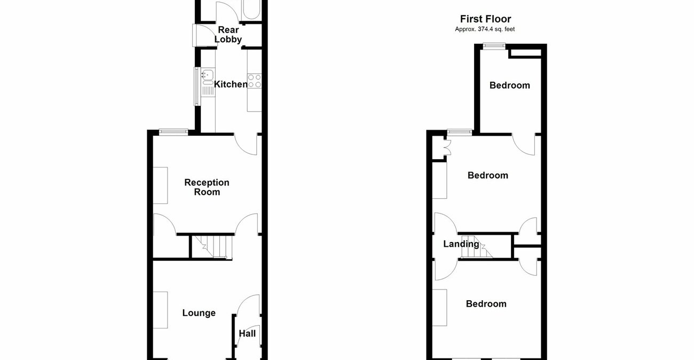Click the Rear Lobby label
coord(228,35)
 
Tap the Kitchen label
coord(231,84)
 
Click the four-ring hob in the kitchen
coord(255,81)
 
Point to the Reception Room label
coord(207,187)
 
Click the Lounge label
coord(199,313)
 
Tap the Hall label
coord(247,334)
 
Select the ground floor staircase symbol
coord(212,247)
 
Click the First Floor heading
coord(485,19)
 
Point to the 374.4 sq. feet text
coord(485,29)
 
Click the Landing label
coord(461,244)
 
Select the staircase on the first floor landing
coord(479,247)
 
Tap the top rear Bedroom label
coord(510,85)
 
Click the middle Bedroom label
coord(488,175)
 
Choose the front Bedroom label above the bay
coord(486,304)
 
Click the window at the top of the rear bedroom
coord(493,46)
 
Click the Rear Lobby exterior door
coord(196,35)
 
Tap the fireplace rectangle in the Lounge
coord(161,310)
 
